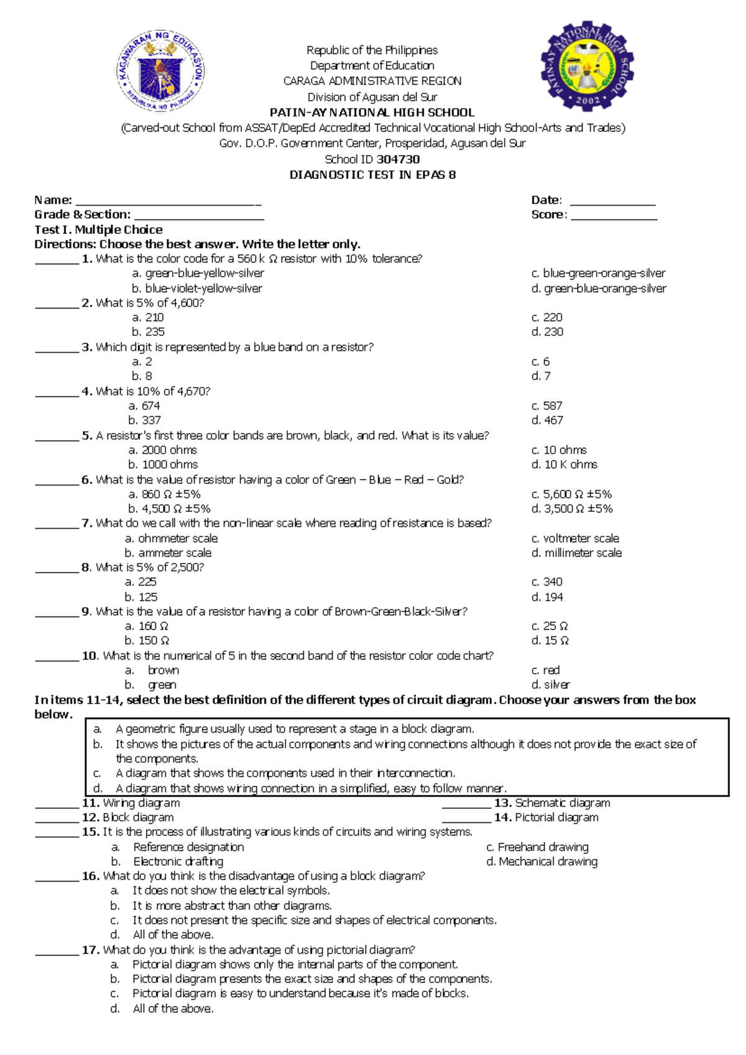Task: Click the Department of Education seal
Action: click(x=161, y=72)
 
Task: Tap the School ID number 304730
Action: click(x=398, y=159)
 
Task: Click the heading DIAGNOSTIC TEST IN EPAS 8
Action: click(x=372, y=175)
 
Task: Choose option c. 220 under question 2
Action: click(x=546, y=317)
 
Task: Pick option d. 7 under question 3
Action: click(x=540, y=376)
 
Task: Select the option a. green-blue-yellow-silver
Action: click(x=198, y=273)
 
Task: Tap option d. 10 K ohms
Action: click(x=564, y=465)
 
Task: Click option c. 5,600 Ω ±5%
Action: click(x=571, y=494)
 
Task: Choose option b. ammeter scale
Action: click(x=168, y=553)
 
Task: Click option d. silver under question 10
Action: click(x=550, y=685)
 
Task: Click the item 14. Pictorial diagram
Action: click(x=546, y=817)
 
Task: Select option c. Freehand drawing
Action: click(x=537, y=847)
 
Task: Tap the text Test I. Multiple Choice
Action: click(x=98, y=230)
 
